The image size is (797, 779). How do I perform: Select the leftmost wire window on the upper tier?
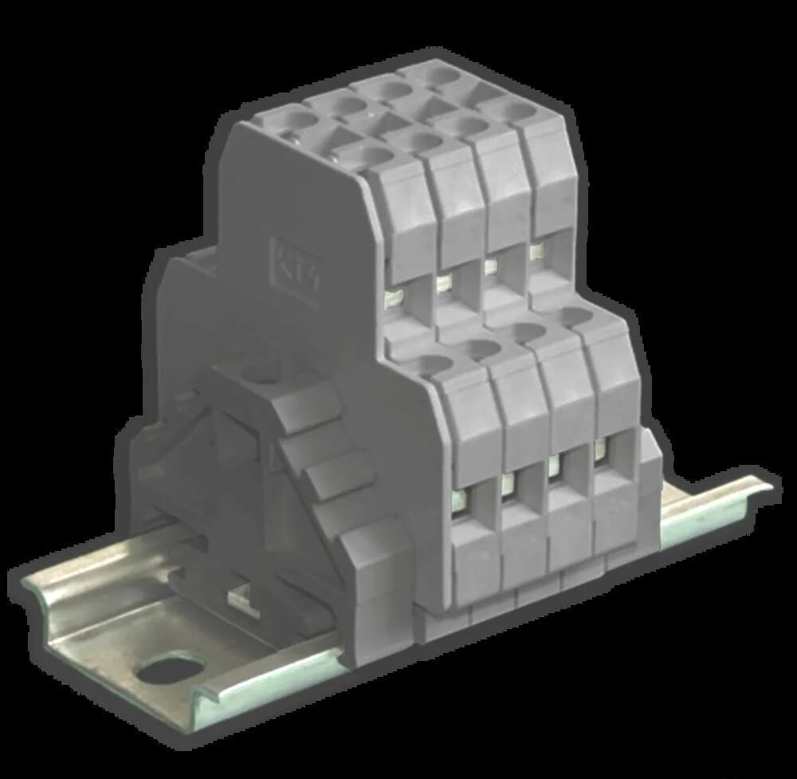tap(394, 299)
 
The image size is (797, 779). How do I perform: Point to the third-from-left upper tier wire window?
tap(492, 266)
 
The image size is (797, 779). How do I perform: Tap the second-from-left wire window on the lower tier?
tap(508, 483)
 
